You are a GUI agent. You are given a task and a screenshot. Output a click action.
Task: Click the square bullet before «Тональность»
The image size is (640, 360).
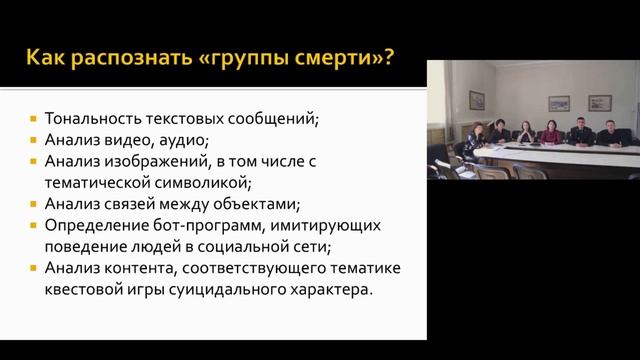35,118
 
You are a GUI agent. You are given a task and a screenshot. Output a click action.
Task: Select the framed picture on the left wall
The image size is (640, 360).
477,100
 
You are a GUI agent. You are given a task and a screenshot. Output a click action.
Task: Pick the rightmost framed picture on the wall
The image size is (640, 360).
599,102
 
